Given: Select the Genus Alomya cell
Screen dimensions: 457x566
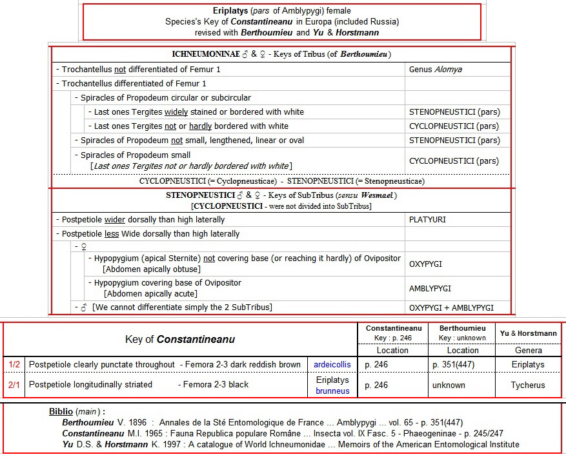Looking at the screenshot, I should [x=435, y=70].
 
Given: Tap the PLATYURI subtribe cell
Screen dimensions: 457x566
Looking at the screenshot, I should [x=427, y=220].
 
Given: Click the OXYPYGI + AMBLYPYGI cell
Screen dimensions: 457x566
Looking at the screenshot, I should [x=451, y=307].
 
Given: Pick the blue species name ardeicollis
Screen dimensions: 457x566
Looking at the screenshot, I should [x=332, y=365].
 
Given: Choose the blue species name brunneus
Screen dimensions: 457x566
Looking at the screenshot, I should [x=332, y=391].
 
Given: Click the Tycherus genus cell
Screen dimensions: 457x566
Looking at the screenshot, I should [x=529, y=385].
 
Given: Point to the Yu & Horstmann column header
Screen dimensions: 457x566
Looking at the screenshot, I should [x=529, y=333].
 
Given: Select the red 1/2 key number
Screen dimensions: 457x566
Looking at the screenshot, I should [x=14, y=365].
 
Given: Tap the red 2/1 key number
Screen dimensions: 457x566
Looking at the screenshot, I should [x=14, y=385].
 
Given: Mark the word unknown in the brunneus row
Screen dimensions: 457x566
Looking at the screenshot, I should [x=449, y=385].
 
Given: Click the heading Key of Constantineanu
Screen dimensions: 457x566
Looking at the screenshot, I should [x=180, y=339].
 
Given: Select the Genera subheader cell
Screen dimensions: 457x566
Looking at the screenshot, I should [x=529, y=351].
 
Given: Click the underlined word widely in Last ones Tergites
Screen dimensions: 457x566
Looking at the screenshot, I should [x=176, y=112].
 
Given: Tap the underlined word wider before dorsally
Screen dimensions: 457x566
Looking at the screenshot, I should [x=115, y=220].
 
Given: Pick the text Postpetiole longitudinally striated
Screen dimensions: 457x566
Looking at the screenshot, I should [x=90, y=385].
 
